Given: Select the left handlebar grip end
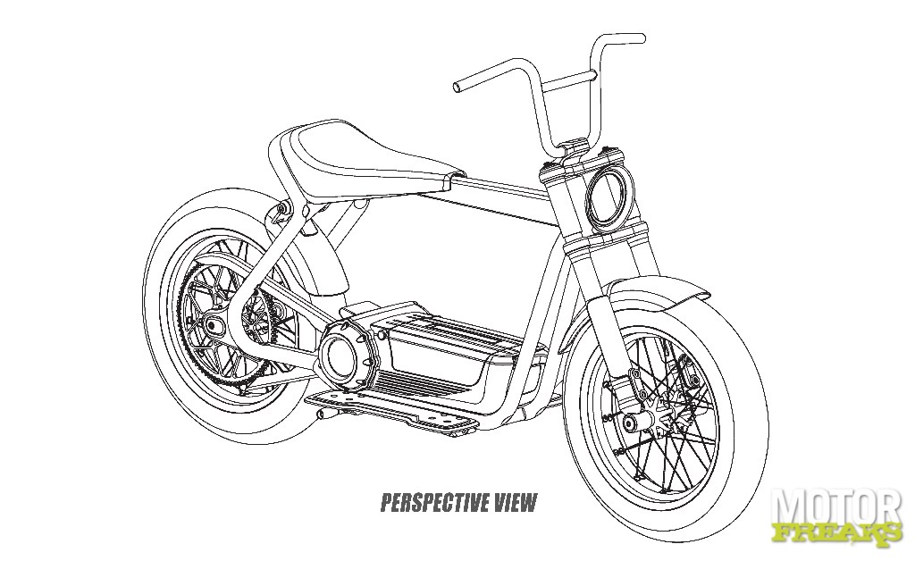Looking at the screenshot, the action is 457,88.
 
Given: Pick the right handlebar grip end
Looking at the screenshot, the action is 641,38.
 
